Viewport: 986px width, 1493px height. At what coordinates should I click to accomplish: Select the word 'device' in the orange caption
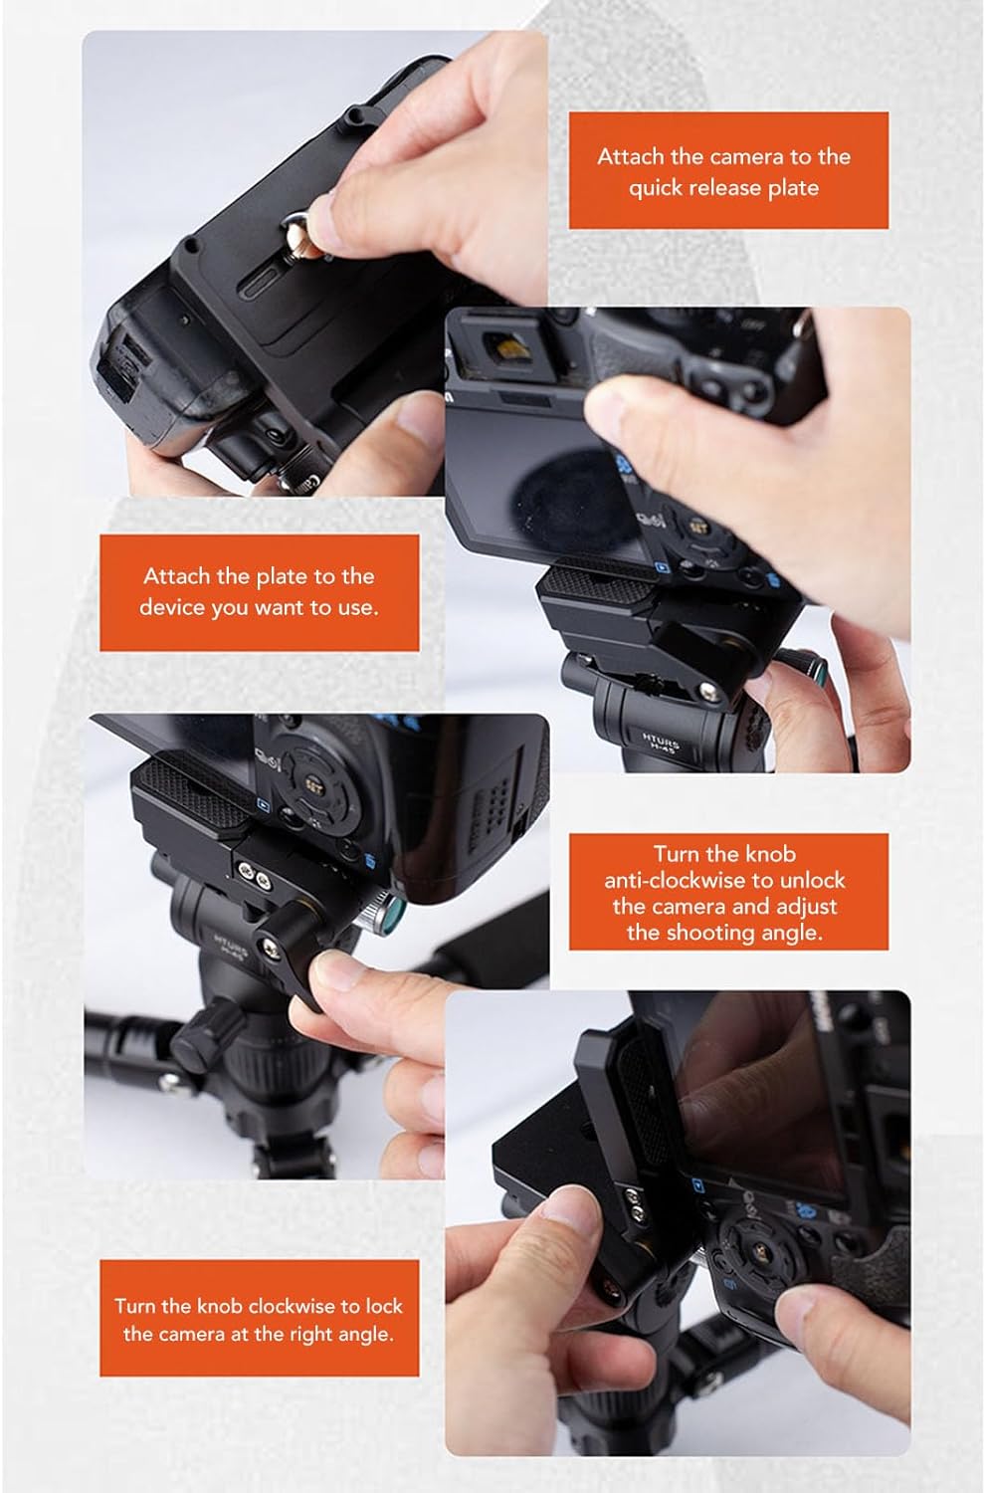[172, 607]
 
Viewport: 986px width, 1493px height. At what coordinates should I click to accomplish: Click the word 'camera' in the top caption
[746, 156]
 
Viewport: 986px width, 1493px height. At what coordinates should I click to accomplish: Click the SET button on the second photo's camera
[699, 529]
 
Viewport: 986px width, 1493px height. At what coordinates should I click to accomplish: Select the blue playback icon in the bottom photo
[699, 1185]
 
